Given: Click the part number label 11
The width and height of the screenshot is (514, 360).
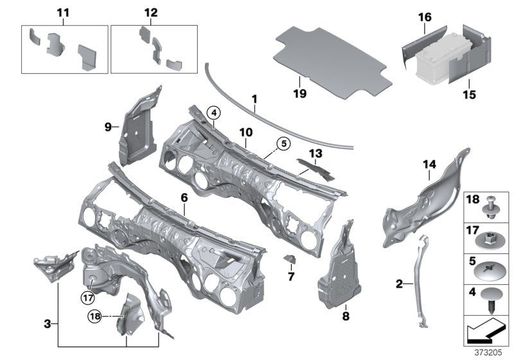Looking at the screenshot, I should pyautogui.click(x=64, y=13).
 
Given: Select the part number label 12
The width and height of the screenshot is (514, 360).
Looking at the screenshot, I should pyautogui.click(x=150, y=13).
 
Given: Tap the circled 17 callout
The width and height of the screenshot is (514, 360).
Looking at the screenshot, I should pyautogui.click(x=87, y=297).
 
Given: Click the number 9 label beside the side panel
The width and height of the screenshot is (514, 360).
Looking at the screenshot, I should pyautogui.click(x=108, y=127).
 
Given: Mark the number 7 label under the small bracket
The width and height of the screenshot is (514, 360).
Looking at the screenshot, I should pyautogui.click(x=290, y=276).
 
